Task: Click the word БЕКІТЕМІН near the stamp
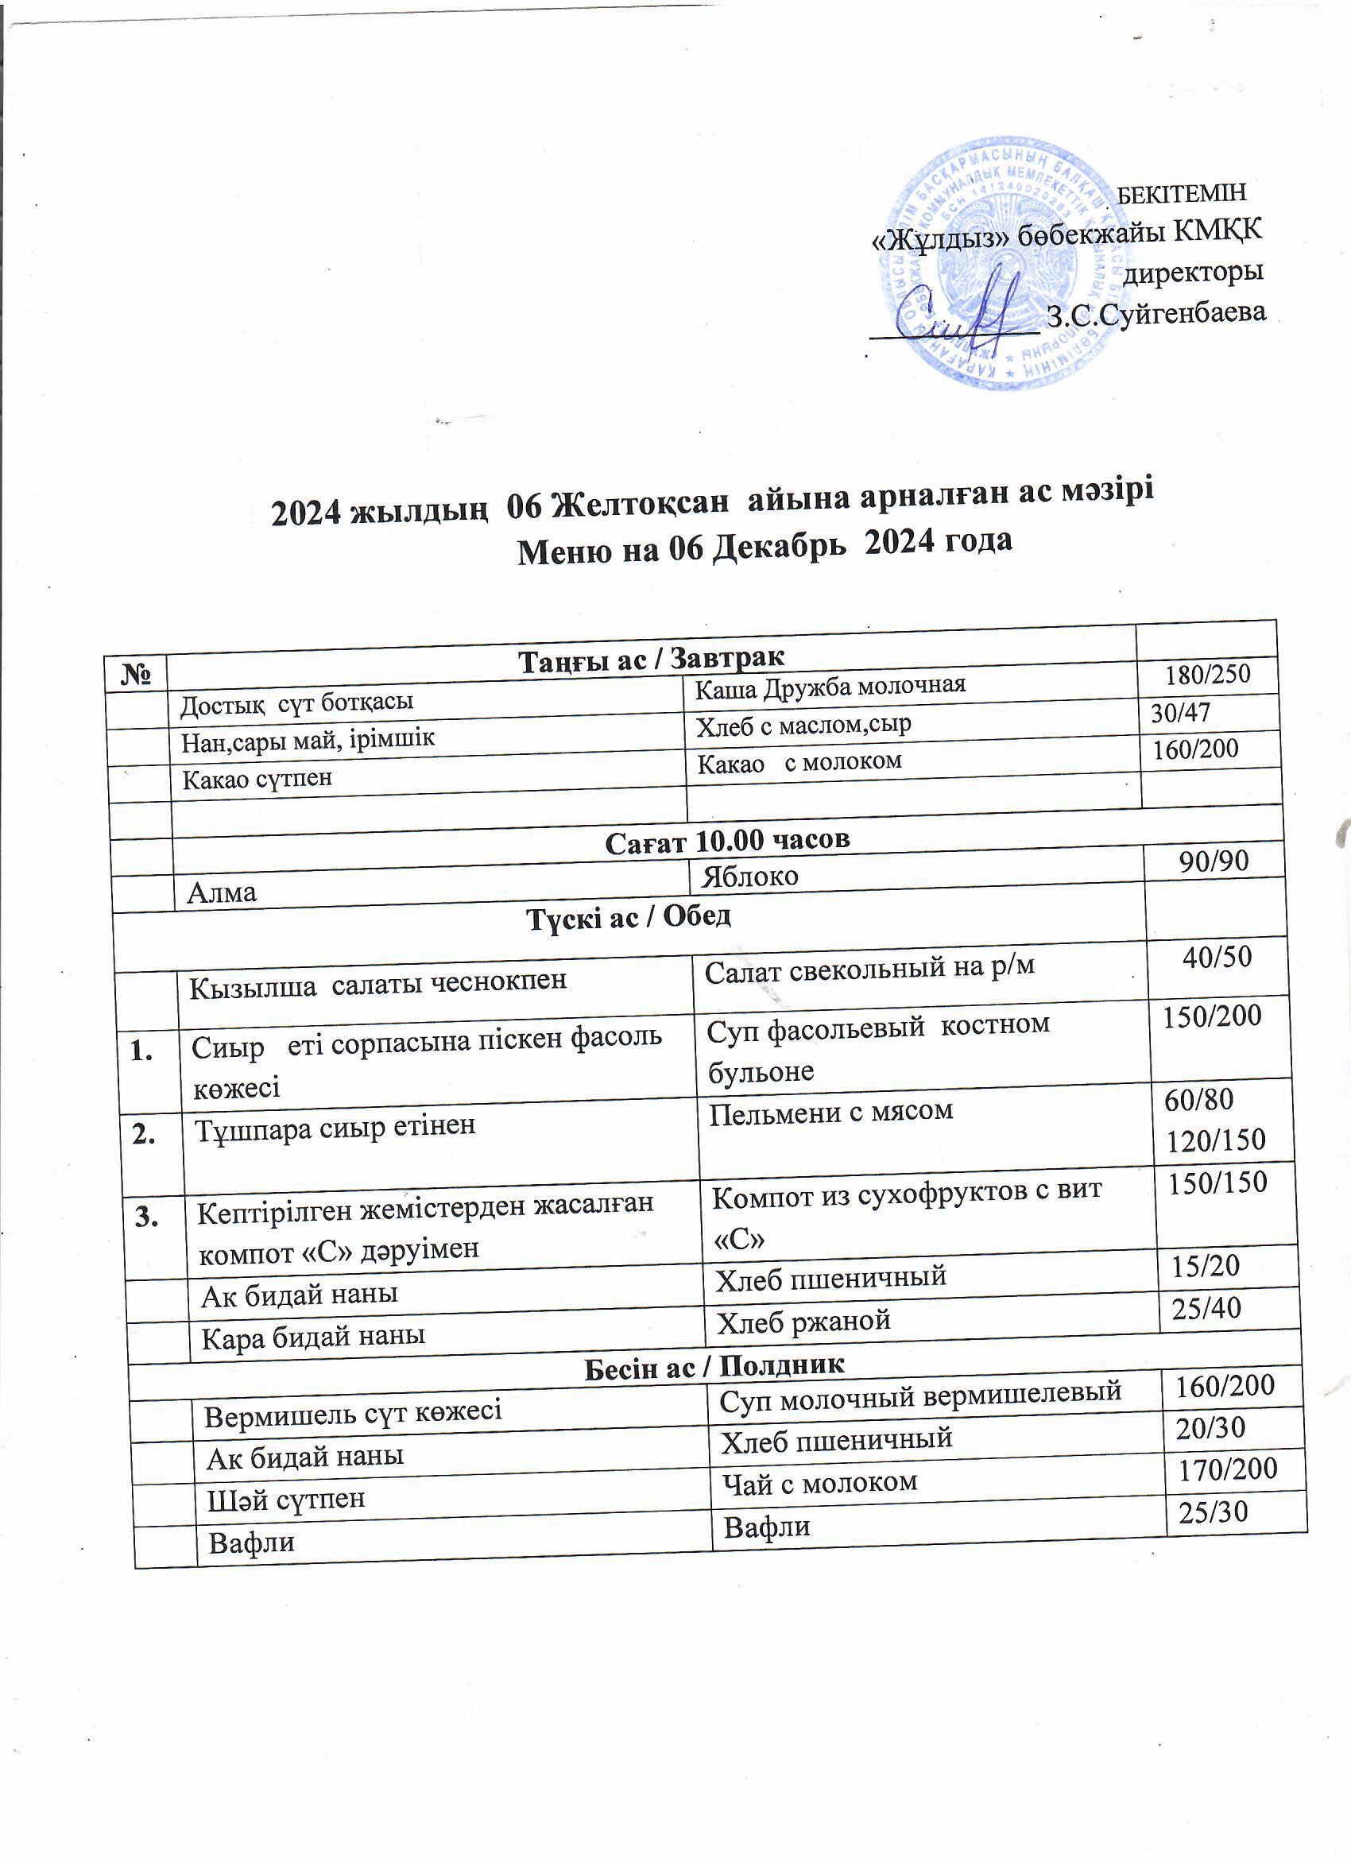[1182, 193]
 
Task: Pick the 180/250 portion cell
[1208, 674]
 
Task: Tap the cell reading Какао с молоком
[799, 763]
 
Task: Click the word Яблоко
[745, 877]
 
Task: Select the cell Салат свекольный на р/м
[869, 967]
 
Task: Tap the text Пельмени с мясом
[830, 1112]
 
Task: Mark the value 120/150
[1216, 1140]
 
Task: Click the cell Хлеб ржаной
[803, 1321]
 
